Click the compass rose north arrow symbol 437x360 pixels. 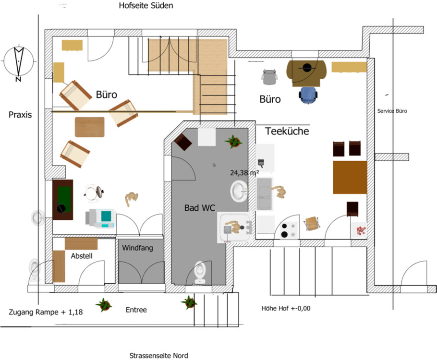(19, 62)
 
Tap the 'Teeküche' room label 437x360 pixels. (287, 131)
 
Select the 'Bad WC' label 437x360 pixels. (200, 207)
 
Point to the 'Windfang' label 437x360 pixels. (137, 248)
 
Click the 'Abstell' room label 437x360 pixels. (82, 256)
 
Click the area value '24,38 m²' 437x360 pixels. (244, 173)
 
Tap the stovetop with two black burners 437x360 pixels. (289, 230)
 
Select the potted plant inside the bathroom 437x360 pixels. (233, 142)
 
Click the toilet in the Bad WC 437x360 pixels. (200, 272)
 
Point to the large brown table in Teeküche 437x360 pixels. (350, 177)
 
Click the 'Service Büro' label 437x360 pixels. (392, 111)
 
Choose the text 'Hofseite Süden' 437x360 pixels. (146, 5)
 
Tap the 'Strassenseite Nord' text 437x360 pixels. (158, 356)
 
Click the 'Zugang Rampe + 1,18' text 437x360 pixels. (46, 312)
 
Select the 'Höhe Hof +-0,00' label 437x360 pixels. (286, 308)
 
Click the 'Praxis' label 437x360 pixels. (20, 115)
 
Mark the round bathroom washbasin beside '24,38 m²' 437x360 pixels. (239, 191)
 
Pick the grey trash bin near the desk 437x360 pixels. (269, 77)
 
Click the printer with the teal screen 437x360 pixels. (100, 218)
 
